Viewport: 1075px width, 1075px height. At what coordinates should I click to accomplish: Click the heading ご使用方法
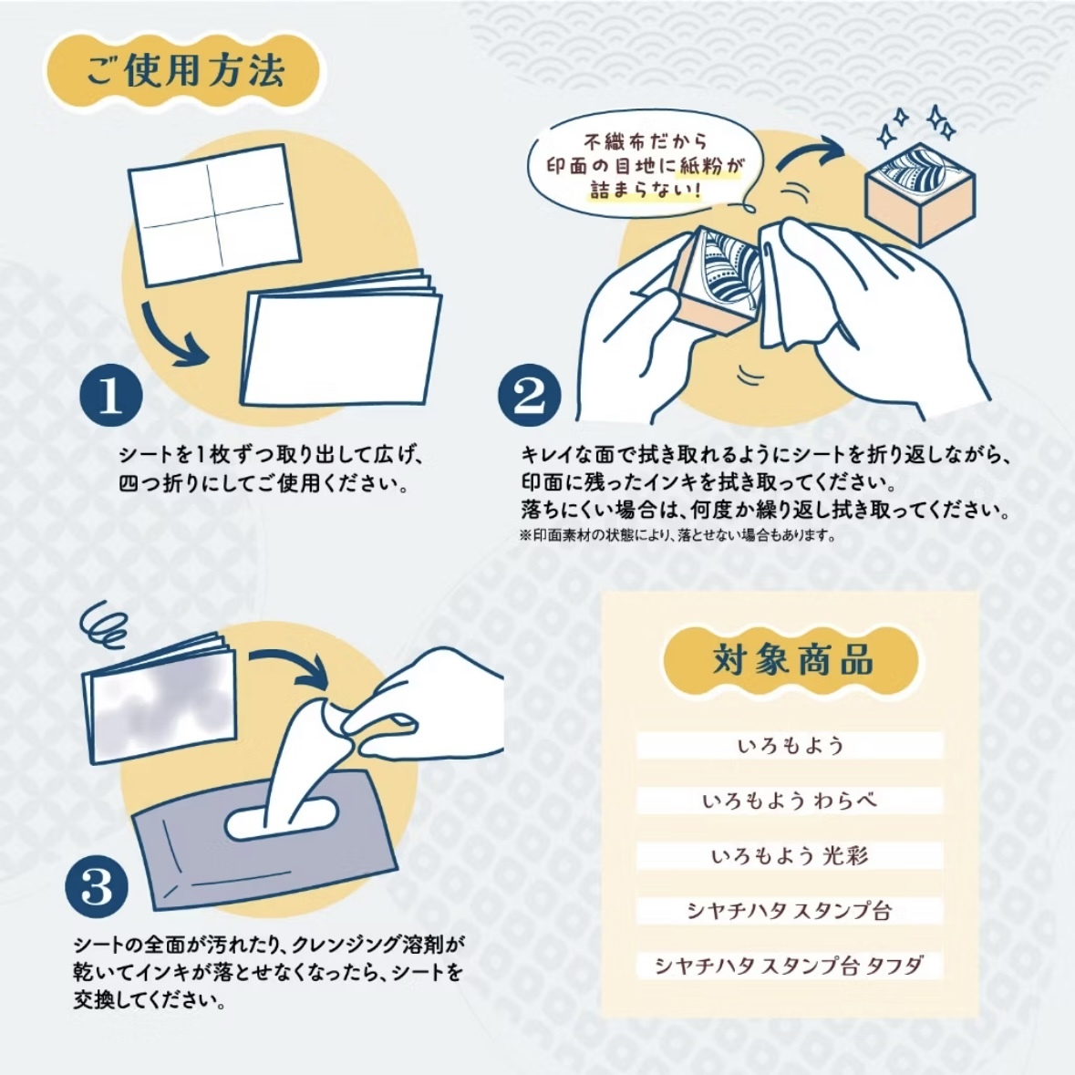pos(185,71)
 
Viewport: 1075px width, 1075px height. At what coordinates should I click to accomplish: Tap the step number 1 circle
pos(111,397)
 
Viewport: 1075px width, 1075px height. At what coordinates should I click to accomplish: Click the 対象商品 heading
pos(791,660)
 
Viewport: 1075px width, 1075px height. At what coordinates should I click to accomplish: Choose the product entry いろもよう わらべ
pos(790,801)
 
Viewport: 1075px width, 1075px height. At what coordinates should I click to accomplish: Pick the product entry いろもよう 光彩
pos(790,855)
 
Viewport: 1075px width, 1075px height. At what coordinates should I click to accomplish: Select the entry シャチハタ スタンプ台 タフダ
pos(790,966)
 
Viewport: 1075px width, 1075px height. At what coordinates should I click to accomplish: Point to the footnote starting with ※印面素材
pos(677,535)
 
